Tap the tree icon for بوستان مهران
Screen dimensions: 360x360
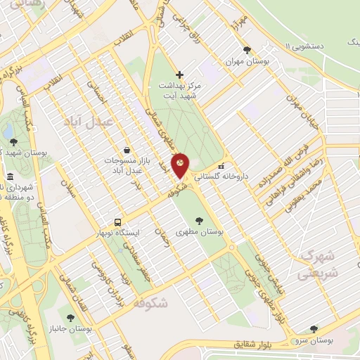[x=247, y=50]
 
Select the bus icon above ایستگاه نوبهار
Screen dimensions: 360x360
[x=118, y=220]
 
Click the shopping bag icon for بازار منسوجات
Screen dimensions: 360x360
[x=126, y=150]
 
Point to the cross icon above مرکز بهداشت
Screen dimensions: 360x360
[x=179, y=75]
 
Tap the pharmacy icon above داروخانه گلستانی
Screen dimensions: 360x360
[x=221, y=167]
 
